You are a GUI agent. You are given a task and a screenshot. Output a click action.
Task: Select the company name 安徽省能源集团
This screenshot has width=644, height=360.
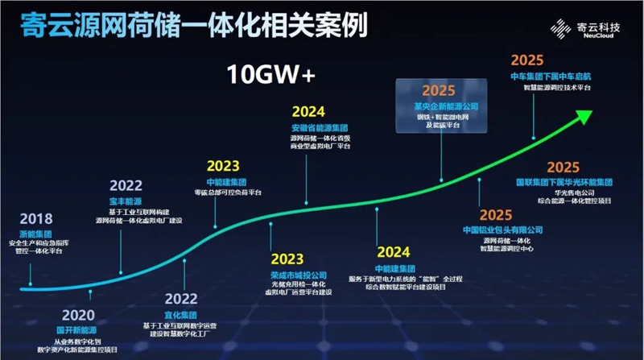click(x=320, y=127)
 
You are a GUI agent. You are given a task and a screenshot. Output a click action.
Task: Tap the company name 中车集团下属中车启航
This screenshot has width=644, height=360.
click(x=551, y=75)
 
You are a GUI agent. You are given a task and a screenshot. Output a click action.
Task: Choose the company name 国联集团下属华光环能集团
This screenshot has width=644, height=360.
click(x=558, y=182)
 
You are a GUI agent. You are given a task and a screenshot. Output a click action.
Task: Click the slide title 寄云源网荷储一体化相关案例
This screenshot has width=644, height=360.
click(x=190, y=26)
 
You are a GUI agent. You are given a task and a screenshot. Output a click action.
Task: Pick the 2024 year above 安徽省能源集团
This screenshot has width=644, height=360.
click(x=309, y=112)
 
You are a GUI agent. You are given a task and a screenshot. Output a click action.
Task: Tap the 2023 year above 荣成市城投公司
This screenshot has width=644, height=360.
click(x=287, y=259)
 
